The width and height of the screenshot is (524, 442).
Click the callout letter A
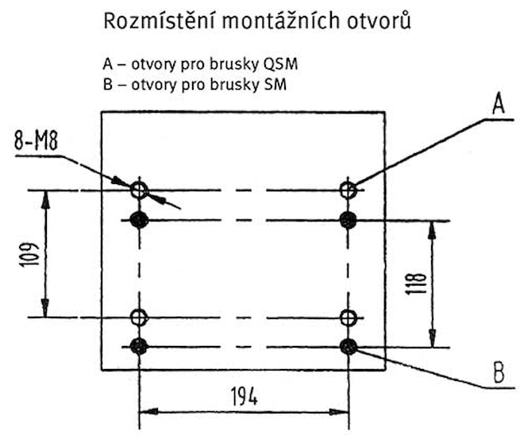tap(498, 102)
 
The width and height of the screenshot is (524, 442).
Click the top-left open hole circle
tap(140, 190)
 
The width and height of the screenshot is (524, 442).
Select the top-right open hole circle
tap(348, 190)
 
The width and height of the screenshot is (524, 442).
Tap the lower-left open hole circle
tap(140, 317)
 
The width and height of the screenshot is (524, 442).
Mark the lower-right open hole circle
tap(348, 317)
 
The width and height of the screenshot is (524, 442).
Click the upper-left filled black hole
tap(140, 220)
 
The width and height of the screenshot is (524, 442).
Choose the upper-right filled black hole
tap(348, 220)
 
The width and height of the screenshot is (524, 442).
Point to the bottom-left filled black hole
tap(140, 346)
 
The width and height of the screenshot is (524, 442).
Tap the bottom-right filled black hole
tap(348, 346)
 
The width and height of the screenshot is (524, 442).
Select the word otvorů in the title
tap(380, 21)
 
